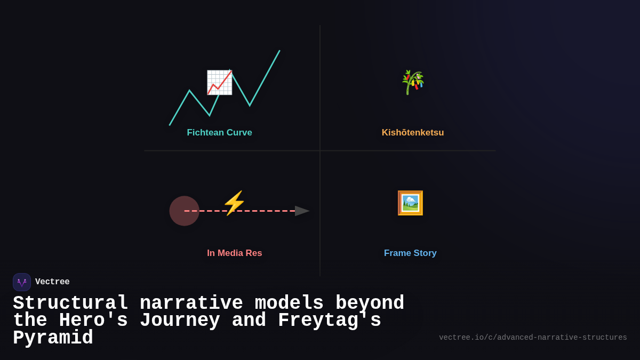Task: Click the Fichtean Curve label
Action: tap(219, 133)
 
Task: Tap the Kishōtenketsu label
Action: tap(412, 133)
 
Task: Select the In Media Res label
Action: tap(234, 253)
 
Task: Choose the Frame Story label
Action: tap(410, 253)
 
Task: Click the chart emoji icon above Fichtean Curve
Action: tap(219, 83)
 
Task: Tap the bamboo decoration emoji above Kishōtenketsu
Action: tap(412, 82)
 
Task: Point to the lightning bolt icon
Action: tap(234, 203)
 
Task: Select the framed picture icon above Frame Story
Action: tap(410, 203)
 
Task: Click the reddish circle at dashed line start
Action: tap(184, 211)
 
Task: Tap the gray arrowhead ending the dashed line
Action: tap(302, 211)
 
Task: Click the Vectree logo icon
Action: tap(22, 282)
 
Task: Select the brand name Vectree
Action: tap(52, 282)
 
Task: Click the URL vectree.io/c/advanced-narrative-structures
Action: tap(533, 338)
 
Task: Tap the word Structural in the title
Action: tap(70, 303)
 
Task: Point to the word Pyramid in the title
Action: tap(53, 338)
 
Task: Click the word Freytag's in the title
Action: tap(329, 321)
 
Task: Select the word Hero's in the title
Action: tap(93, 321)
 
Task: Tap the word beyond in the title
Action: tap(370, 303)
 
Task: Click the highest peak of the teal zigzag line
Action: tap(279, 51)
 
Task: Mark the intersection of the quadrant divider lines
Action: tap(320, 150)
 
